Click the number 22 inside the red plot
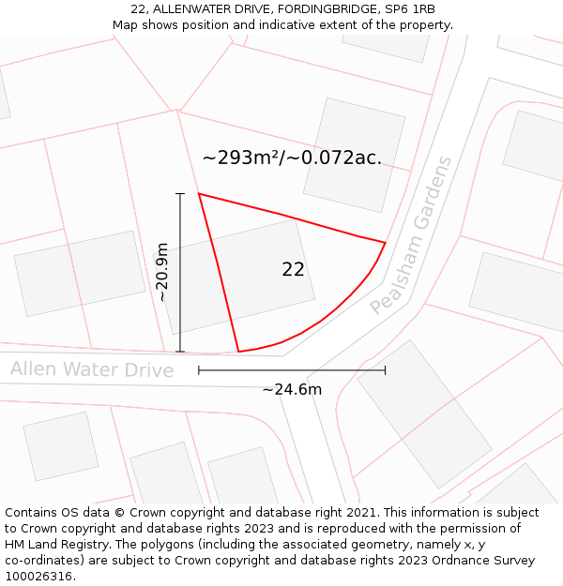pos(293,270)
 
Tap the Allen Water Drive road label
pos(92,369)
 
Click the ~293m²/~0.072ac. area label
pos(292,158)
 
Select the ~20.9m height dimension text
pos(162,272)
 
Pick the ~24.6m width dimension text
pos(292,389)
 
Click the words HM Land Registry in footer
pos(55,545)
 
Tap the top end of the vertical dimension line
pos(180,194)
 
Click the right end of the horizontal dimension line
pos(385,370)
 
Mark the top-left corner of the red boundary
pos(199,194)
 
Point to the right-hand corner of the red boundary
pos(385,242)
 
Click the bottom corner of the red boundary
pos(238,352)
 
